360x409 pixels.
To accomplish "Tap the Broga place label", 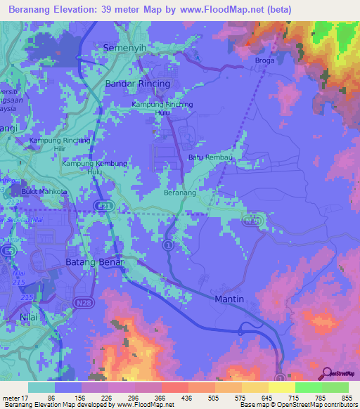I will click(x=264, y=60).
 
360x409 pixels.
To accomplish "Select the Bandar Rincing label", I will click(x=137, y=84).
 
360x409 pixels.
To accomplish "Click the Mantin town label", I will click(x=228, y=299).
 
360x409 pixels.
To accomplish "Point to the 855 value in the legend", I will click(x=347, y=397).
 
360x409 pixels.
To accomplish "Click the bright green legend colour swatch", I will click(x=308, y=387).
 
